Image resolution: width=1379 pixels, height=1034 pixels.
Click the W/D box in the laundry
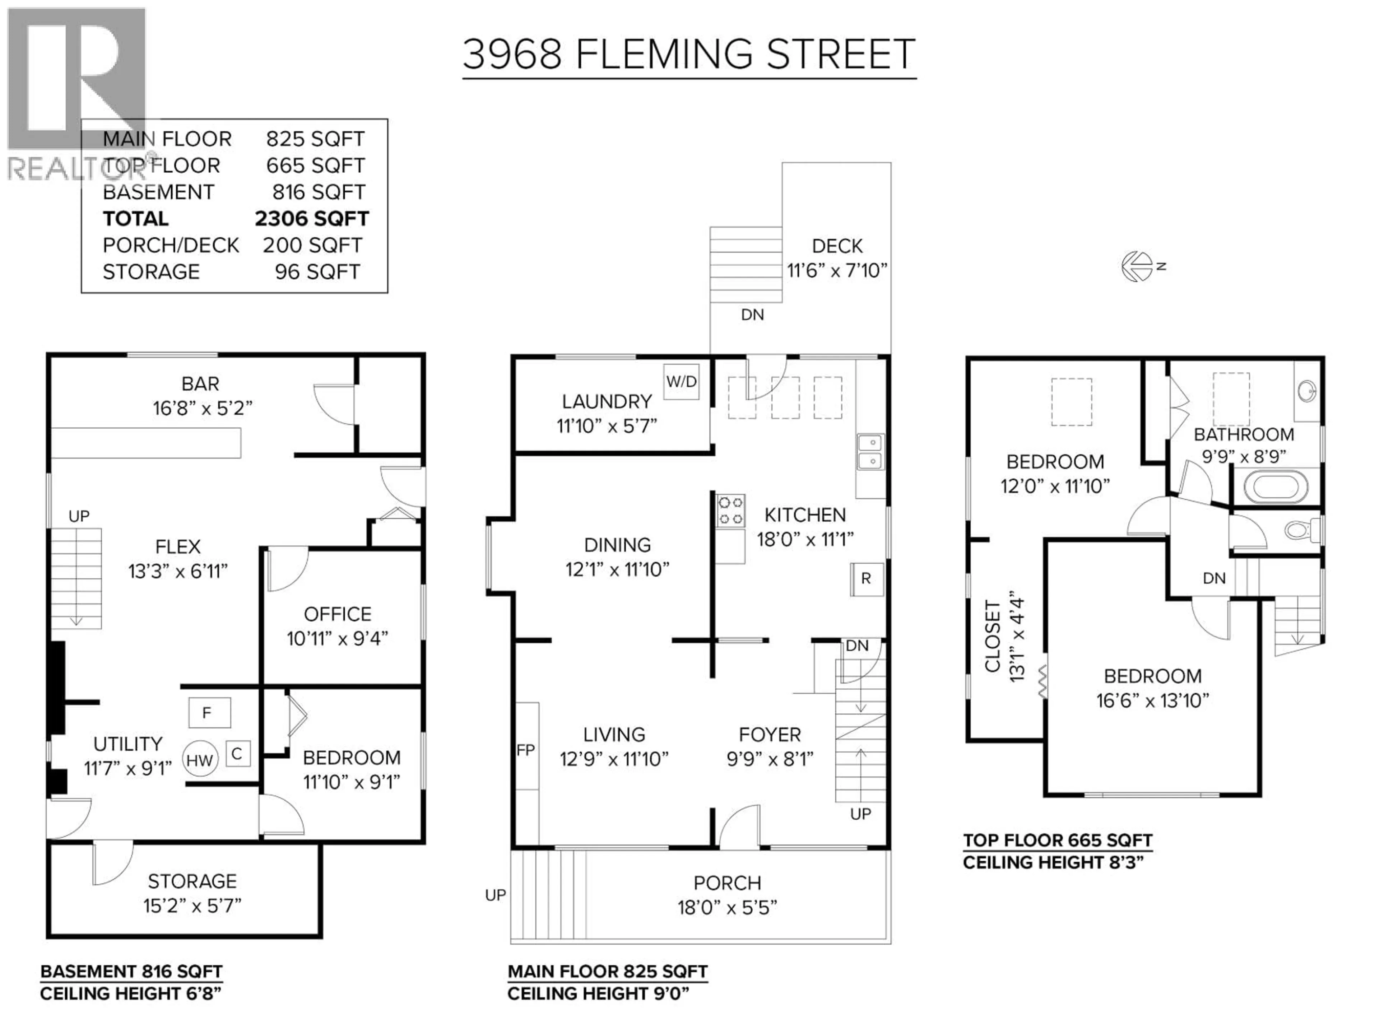[681, 381]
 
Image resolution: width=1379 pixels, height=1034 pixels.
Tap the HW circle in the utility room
[200, 760]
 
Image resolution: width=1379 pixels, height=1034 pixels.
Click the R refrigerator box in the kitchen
[866, 578]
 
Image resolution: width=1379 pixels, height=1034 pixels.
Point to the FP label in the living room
[525, 750]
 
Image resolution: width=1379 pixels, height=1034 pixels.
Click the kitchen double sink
[870, 452]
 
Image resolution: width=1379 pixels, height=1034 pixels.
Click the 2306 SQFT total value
[312, 219]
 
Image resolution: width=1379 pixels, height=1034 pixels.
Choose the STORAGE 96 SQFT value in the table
[317, 272]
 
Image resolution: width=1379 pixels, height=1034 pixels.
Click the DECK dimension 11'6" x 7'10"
[837, 270]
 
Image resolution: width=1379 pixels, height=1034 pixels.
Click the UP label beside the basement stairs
[79, 516]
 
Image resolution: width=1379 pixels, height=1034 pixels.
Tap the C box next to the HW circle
[237, 754]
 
